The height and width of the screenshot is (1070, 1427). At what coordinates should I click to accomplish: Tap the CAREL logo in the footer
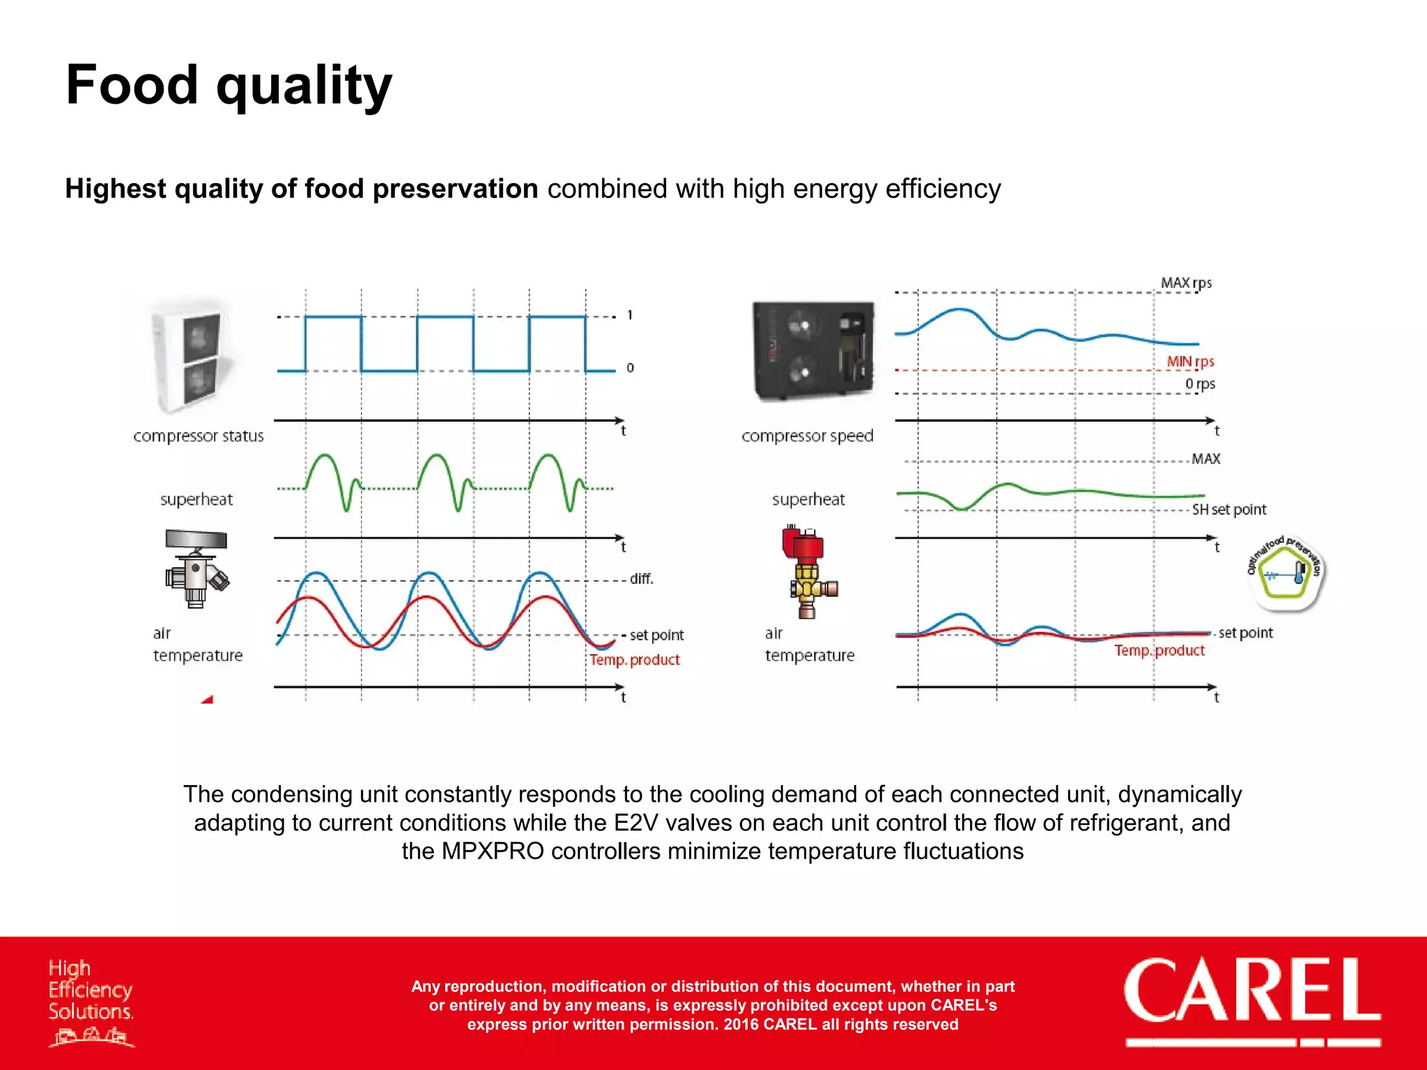tap(1251, 992)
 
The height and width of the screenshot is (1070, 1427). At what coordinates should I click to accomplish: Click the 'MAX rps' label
tap(1186, 283)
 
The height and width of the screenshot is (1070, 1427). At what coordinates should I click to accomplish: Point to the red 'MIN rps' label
tap(1190, 362)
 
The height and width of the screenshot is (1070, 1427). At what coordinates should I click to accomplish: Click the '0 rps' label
tap(1200, 384)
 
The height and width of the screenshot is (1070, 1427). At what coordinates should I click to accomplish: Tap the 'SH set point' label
tap(1228, 510)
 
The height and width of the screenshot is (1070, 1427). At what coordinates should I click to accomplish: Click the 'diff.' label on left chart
tap(641, 579)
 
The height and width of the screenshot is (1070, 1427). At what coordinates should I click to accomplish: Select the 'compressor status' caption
tap(199, 436)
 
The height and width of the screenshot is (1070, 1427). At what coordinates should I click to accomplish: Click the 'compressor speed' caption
tap(807, 436)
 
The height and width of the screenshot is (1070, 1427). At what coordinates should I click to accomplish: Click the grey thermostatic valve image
tap(196, 568)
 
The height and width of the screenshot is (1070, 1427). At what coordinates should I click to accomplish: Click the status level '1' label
tap(630, 316)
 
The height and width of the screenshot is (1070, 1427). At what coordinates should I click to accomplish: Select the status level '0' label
tap(630, 368)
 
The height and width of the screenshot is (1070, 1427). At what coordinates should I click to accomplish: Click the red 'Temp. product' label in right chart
tap(1159, 651)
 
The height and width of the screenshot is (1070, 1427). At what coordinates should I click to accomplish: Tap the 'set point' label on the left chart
tap(656, 635)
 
